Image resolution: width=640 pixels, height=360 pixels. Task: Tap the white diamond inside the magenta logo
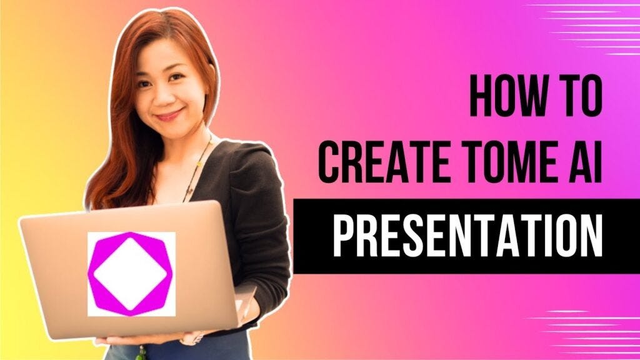131,273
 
